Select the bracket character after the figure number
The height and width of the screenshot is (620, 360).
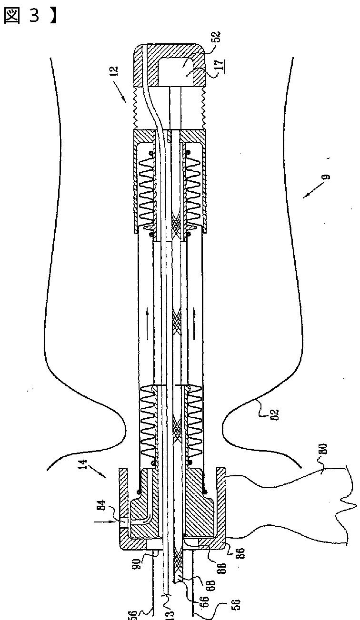[54, 16]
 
